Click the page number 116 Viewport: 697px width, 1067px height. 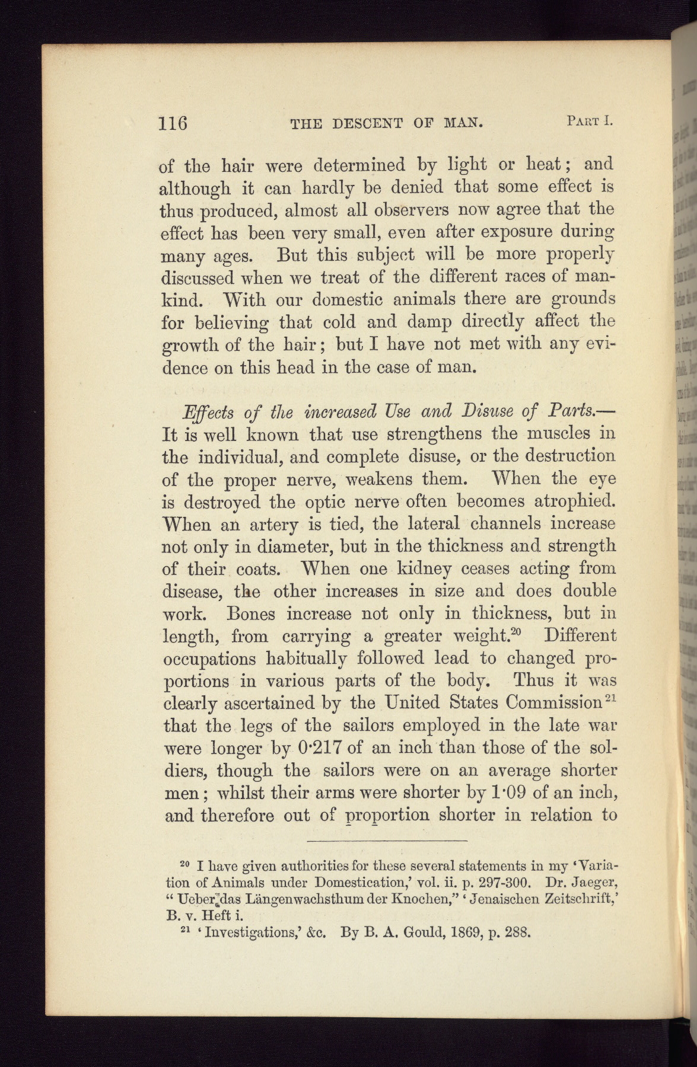pyautogui.click(x=173, y=123)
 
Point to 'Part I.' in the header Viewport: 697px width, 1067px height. pyautogui.click(x=588, y=122)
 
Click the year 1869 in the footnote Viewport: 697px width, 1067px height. pyautogui.click(x=469, y=930)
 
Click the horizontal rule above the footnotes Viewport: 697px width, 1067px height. pyautogui.click(x=387, y=840)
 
